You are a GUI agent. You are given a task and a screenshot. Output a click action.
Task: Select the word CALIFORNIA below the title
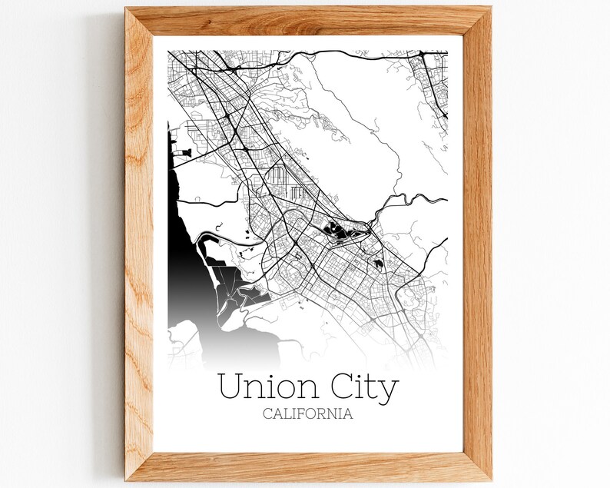(x=307, y=413)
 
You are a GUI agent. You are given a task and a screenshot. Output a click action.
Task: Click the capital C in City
(x=336, y=387)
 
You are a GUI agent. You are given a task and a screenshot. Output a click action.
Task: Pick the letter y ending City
(x=389, y=390)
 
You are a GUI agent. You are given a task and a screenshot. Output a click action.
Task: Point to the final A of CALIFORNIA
(x=348, y=413)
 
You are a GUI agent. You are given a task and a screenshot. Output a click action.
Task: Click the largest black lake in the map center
(x=338, y=228)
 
